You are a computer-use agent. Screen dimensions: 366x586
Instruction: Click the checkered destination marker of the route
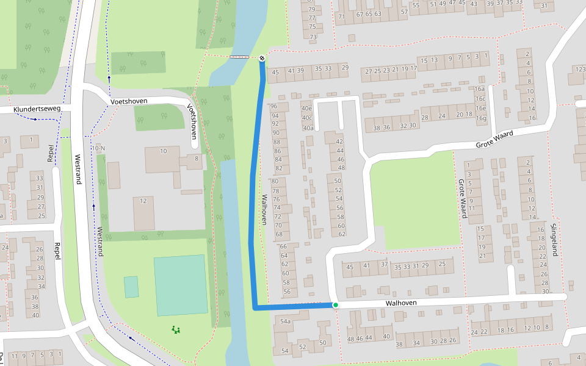tap(262, 58)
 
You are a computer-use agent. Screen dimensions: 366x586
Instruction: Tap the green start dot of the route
tap(336, 304)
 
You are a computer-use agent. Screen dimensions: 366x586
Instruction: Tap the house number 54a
tap(285, 321)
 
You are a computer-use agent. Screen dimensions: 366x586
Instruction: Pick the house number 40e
tap(307, 109)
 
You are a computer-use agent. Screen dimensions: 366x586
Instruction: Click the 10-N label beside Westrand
tap(98, 148)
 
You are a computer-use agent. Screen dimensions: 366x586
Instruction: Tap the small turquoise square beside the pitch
tap(131, 287)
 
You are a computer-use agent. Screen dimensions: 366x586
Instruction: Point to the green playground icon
tap(176, 330)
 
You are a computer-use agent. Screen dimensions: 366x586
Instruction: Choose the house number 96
tap(274, 106)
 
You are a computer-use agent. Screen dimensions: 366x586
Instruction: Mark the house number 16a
tap(480, 89)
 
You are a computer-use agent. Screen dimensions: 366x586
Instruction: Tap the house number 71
tap(341, 16)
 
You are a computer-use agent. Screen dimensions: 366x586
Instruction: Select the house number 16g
tap(482, 118)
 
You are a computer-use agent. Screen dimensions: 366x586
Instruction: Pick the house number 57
tap(404, 12)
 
